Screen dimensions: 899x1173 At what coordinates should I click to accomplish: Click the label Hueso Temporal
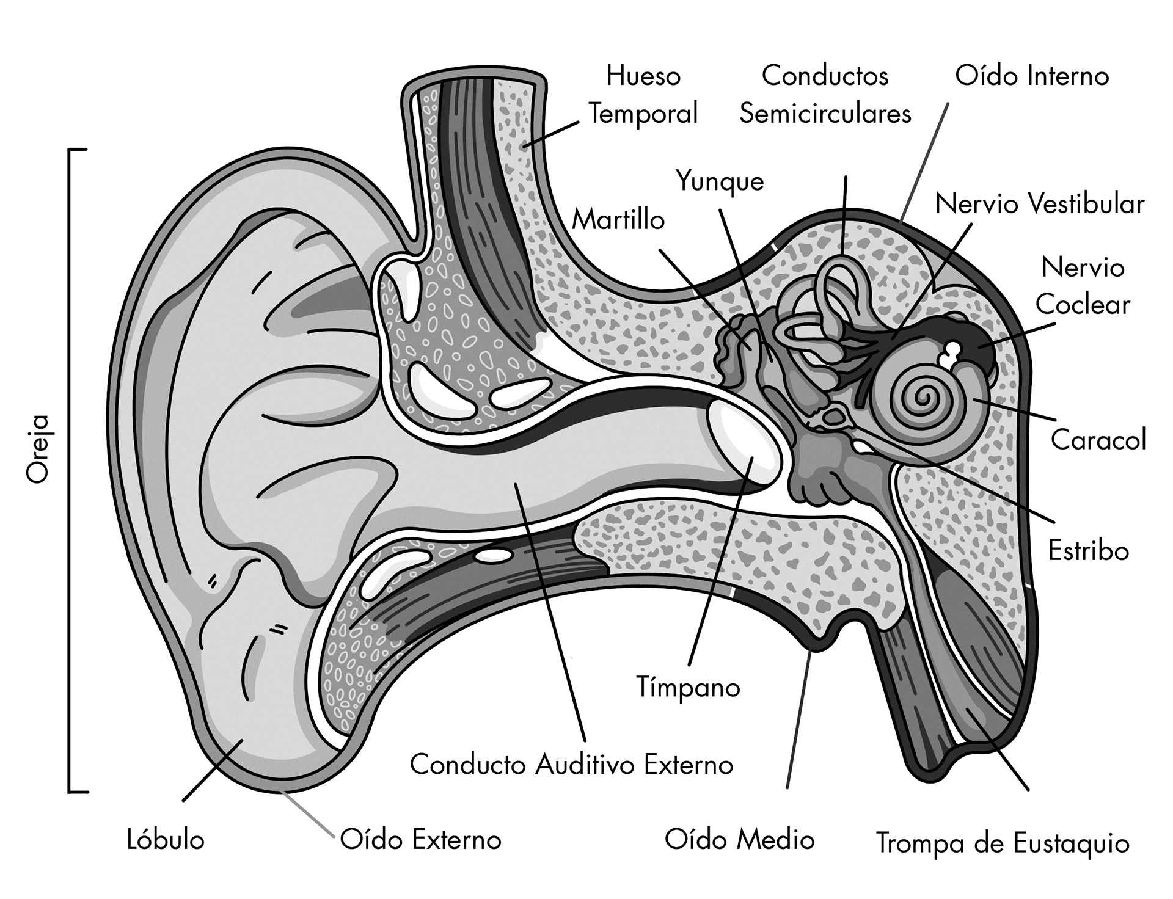point(643,95)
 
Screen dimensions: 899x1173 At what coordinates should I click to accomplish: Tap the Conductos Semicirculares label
point(825,95)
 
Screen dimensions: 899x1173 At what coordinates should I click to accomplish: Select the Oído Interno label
point(1032,76)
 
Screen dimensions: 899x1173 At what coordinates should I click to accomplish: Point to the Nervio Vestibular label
point(1039,204)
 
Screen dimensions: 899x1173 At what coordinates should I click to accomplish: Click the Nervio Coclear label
point(1083,286)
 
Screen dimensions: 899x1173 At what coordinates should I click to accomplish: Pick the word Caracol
point(1098,440)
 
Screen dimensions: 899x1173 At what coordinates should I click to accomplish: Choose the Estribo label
point(1088,551)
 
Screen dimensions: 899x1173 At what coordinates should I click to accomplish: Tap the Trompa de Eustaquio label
point(1003,843)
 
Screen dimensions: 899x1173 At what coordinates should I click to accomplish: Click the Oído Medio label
point(739,840)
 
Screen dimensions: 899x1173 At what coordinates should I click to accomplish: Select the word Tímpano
point(688,687)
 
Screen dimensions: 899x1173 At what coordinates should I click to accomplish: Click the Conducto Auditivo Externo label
point(571,765)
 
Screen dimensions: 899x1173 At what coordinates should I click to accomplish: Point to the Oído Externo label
point(420,840)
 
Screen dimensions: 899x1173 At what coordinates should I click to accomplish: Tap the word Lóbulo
point(166,840)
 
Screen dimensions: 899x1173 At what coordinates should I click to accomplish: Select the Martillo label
point(618,220)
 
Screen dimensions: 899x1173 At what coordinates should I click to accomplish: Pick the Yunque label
point(720,181)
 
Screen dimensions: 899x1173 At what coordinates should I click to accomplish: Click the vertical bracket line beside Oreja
point(69,470)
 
